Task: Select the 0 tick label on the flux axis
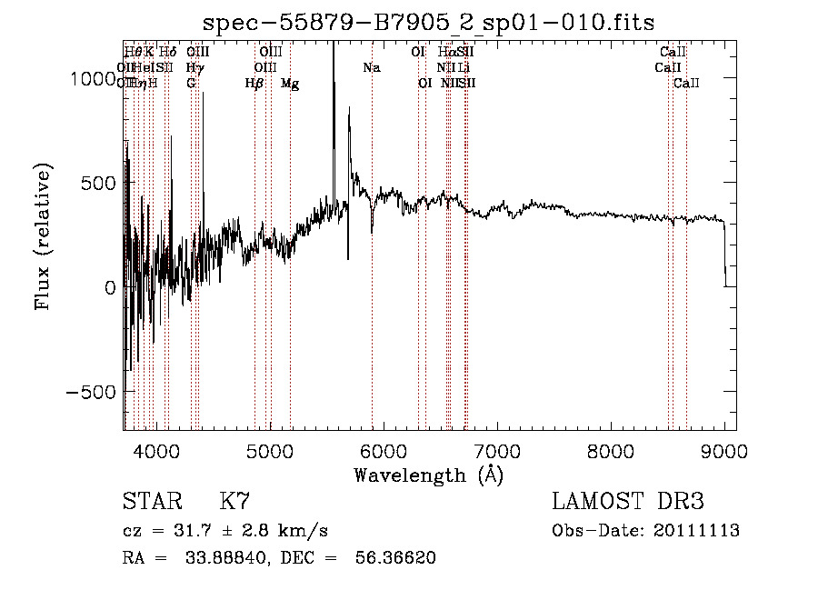click(111, 287)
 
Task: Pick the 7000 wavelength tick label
click(497, 450)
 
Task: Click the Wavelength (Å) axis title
click(429, 475)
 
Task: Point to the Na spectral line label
click(371, 67)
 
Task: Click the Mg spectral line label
click(290, 84)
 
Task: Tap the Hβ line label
click(254, 84)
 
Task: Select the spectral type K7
click(234, 501)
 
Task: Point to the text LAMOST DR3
click(627, 501)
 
